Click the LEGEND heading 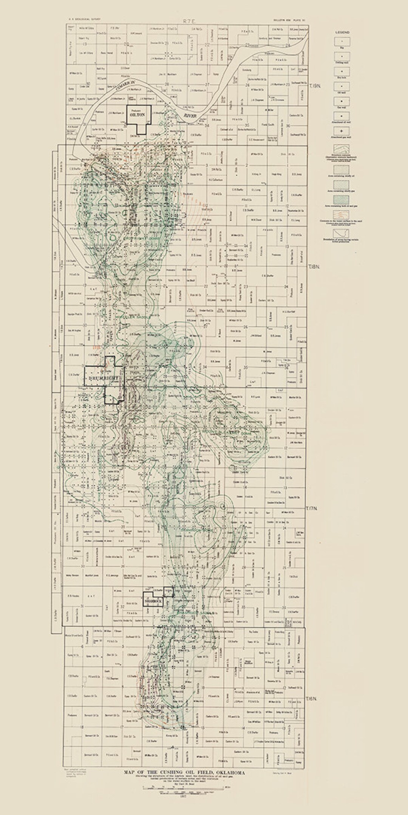342,32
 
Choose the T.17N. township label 312,509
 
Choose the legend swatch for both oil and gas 342,199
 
